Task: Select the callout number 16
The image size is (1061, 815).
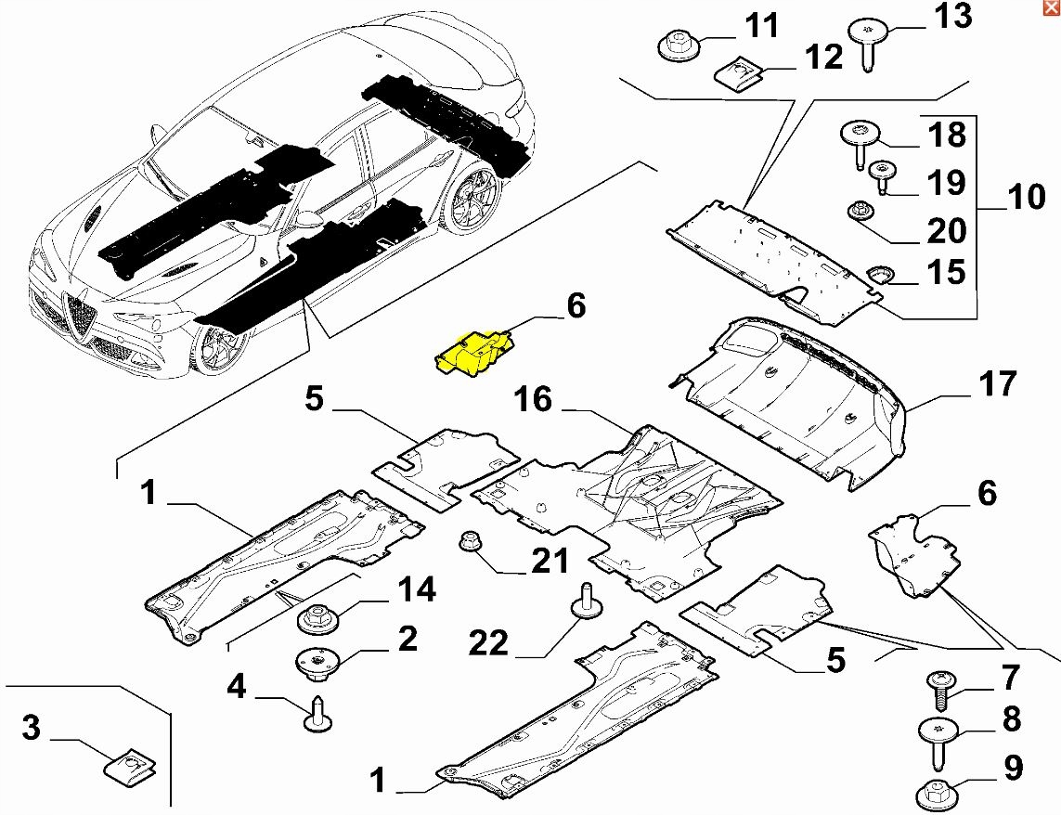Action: (x=534, y=400)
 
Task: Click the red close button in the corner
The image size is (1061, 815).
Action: (x=1050, y=8)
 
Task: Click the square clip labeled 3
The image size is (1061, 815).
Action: (x=128, y=766)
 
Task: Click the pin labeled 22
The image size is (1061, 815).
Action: (x=587, y=598)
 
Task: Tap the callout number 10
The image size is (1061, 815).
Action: (x=1025, y=197)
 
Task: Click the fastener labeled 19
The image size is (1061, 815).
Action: (x=878, y=174)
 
